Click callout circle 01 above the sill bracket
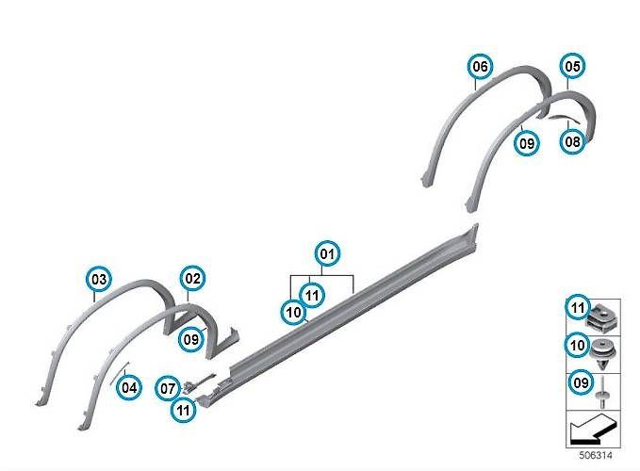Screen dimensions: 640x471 coord(327,254)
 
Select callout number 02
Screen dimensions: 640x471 coord(192,279)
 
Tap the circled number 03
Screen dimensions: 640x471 coord(98,280)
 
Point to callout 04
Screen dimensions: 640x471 coord(129,387)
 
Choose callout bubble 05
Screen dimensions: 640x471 coord(572,66)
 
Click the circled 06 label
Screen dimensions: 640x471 coord(480,66)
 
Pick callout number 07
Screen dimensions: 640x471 coord(168,389)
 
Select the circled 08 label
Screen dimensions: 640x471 coord(572,141)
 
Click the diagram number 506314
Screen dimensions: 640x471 coord(596,455)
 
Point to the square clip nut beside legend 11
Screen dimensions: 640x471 coord(603,319)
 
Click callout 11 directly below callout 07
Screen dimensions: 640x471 coord(183,410)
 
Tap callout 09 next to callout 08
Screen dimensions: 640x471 coord(527,143)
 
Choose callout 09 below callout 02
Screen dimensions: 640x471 coord(191,339)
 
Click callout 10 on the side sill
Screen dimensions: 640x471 coord(293,313)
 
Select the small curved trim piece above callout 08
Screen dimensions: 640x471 coord(565,119)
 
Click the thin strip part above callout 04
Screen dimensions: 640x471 coord(120,372)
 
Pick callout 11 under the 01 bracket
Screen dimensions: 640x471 coord(312,295)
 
